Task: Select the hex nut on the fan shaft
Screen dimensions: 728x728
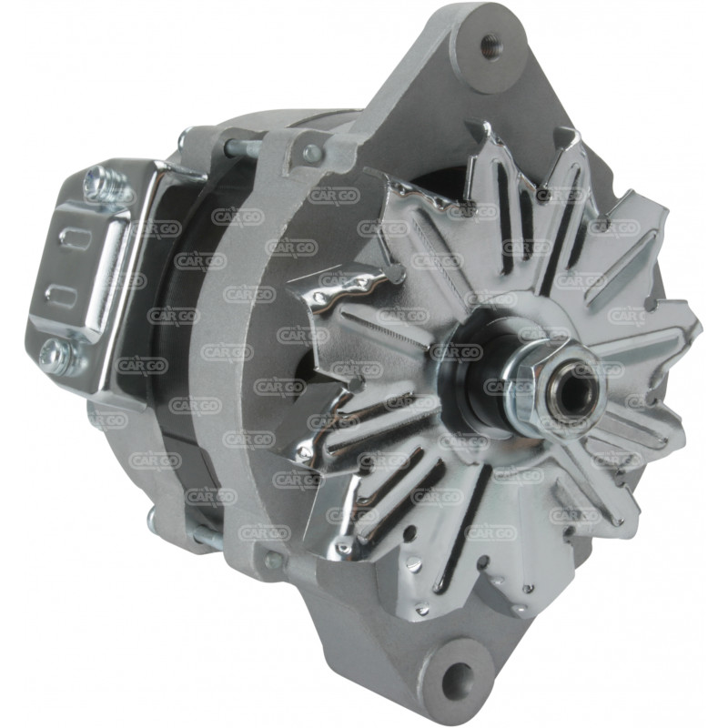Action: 544,385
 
